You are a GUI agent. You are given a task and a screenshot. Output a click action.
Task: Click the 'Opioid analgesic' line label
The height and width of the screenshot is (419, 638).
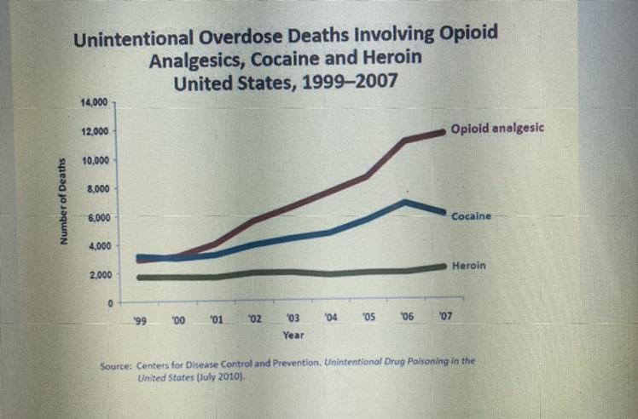click(x=496, y=130)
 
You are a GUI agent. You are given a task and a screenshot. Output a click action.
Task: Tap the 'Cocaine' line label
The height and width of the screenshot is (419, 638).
click(x=471, y=216)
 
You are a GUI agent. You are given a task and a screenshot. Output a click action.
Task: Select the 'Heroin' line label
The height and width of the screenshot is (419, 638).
click(x=468, y=266)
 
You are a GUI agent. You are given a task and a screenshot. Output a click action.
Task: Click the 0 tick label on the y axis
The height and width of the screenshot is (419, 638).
click(x=109, y=304)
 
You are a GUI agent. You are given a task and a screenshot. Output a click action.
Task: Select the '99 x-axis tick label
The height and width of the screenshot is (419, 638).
click(x=140, y=319)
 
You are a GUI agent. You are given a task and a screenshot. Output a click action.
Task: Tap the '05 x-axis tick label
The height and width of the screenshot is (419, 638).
click(x=368, y=318)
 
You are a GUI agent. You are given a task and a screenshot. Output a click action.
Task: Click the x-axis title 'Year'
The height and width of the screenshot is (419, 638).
click(x=292, y=336)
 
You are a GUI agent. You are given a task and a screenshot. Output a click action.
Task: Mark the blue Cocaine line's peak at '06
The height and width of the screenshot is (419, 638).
click(x=406, y=202)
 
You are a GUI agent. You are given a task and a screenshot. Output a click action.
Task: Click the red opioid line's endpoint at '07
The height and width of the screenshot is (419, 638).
click(x=443, y=131)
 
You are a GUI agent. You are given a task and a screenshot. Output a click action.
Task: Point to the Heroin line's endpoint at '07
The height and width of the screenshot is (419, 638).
click(x=443, y=267)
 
